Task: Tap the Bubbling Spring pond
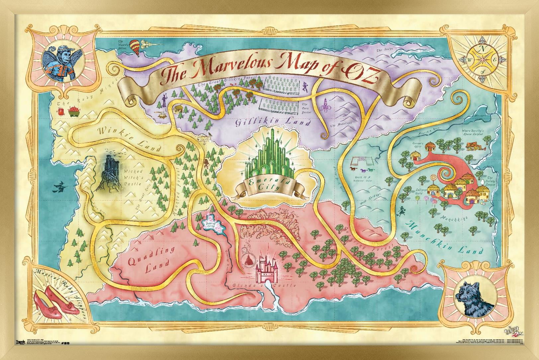coord(212,225)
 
